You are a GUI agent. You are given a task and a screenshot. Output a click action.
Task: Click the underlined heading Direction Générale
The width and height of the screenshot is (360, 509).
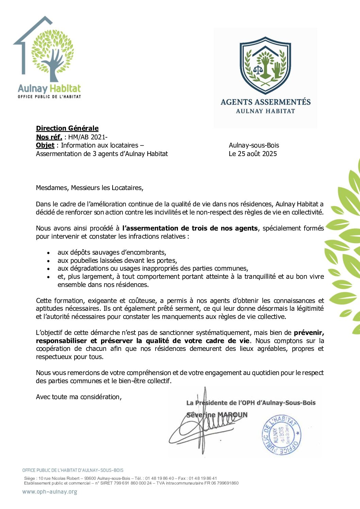[67, 128]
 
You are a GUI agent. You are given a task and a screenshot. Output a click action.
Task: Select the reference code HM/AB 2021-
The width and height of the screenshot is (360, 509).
[88, 137]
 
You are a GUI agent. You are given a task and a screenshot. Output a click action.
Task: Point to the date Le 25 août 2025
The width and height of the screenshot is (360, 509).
[253, 154]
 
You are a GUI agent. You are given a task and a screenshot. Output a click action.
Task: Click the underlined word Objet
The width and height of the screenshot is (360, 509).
[45, 145]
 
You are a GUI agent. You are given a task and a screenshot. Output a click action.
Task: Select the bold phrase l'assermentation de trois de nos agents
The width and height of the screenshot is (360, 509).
[190, 228]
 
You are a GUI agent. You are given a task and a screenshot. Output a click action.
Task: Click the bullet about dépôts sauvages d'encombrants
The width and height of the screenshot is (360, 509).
[112, 252]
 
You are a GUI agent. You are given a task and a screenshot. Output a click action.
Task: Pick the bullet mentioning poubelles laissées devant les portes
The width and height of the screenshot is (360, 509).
[117, 260]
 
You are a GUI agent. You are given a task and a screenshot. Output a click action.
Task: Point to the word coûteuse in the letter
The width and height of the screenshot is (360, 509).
[142, 301]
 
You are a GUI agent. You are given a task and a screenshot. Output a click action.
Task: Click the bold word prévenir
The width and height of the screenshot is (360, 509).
[309, 333]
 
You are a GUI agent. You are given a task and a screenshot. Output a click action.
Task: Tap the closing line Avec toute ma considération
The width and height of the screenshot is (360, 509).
[79, 397]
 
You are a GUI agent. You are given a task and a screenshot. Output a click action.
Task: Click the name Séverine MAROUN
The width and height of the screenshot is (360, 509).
[217, 415]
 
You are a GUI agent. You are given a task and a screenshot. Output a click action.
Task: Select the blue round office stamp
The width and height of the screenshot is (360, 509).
[281, 435]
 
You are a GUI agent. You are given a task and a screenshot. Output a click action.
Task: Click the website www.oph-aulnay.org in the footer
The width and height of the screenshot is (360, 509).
[50, 492]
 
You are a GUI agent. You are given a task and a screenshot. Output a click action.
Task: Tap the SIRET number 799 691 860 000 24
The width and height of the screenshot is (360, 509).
[131, 483]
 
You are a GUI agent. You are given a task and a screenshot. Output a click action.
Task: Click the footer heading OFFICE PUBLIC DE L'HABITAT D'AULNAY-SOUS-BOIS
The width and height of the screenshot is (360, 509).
[73, 470]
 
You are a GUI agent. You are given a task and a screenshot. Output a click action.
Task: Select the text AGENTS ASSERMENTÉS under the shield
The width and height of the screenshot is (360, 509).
[265, 102]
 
